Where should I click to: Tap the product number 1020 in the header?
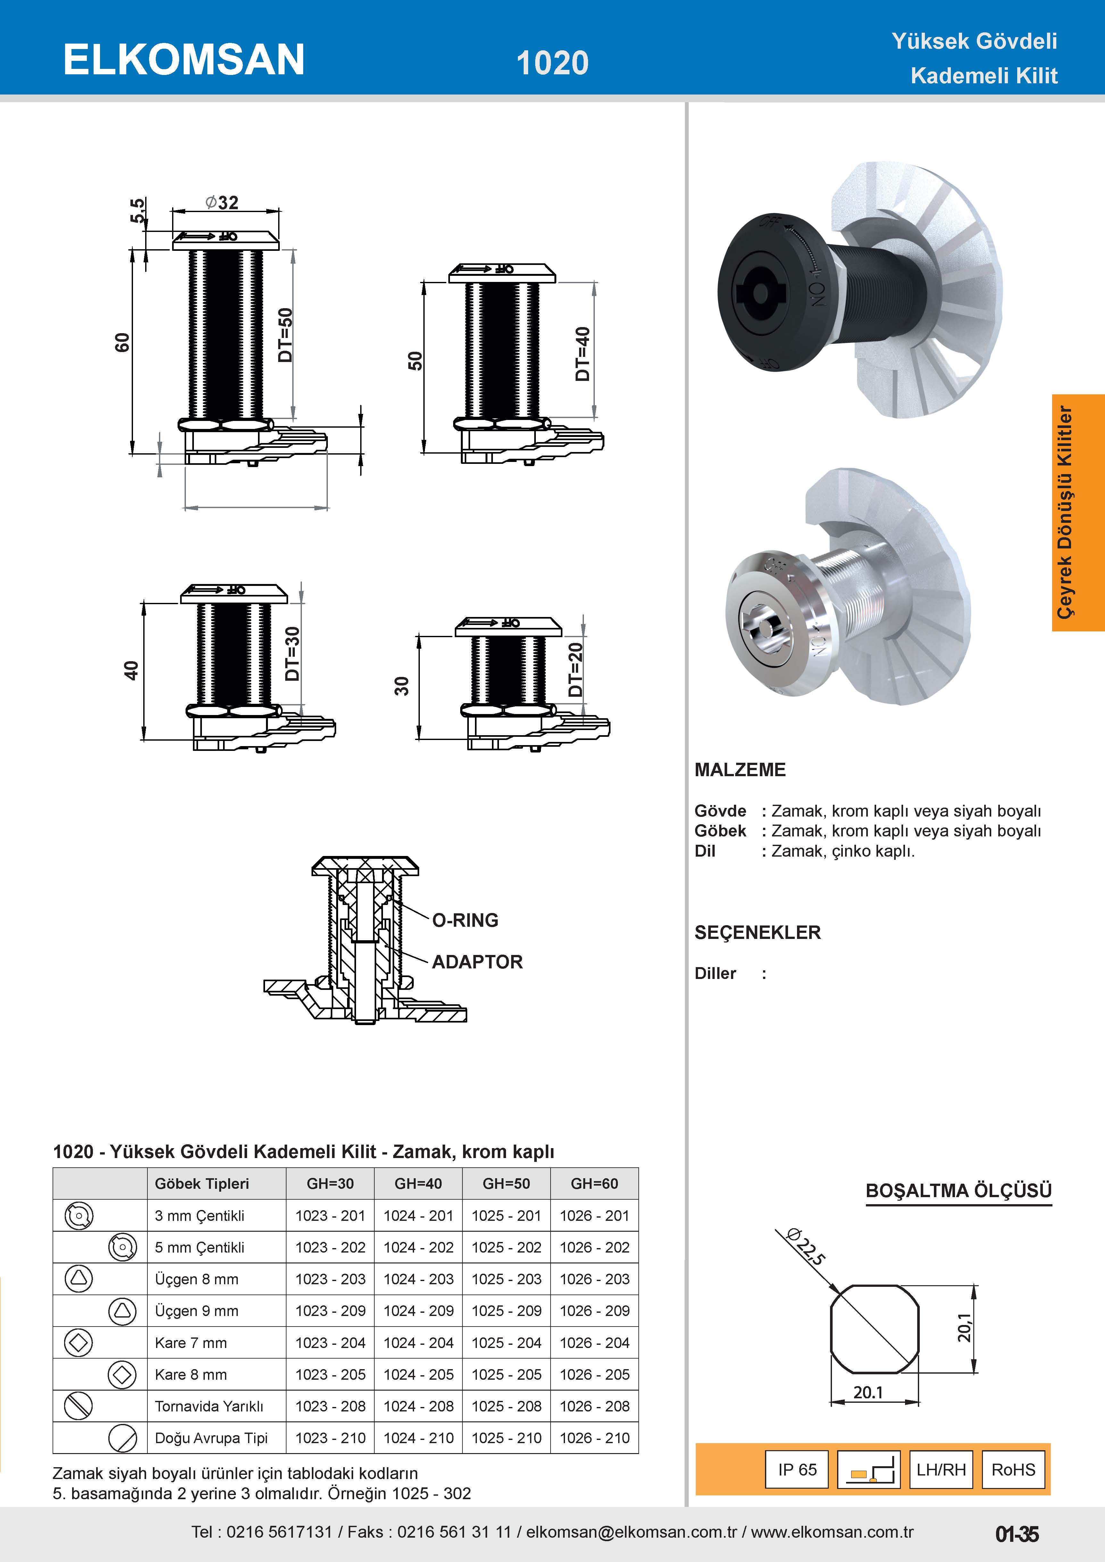pyautogui.click(x=552, y=62)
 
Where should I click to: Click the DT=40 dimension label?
pyautogui.click(x=582, y=354)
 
